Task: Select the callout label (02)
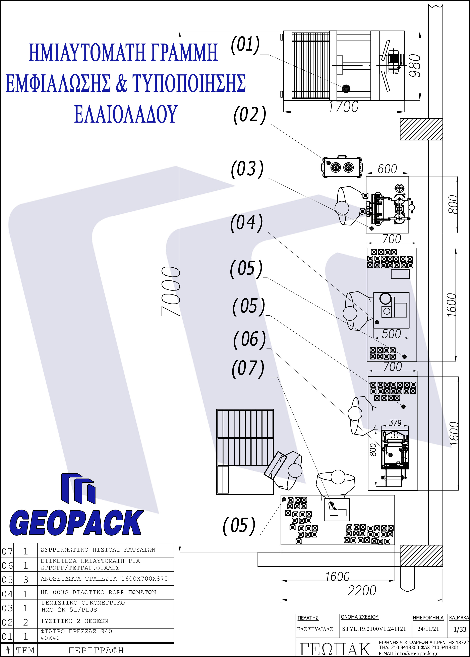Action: point(250,115)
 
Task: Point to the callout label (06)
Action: point(249,340)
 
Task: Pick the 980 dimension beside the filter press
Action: point(414,65)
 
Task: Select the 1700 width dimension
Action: point(344,107)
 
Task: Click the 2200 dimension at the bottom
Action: point(362,590)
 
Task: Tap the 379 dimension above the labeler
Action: point(395,423)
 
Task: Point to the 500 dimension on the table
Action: point(391,334)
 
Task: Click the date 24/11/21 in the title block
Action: point(428,629)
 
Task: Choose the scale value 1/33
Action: point(460,629)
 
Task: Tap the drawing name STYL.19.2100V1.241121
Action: point(374,629)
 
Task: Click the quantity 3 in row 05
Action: point(25,580)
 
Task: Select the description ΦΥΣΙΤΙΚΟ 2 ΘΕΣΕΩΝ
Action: point(74,621)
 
